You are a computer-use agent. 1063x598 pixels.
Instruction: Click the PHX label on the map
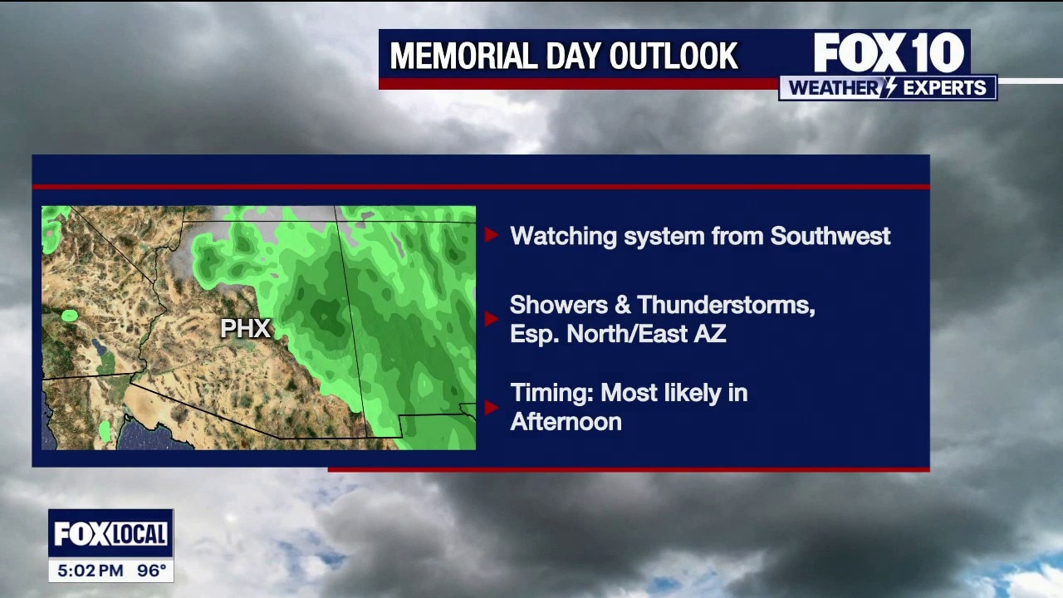click(245, 328)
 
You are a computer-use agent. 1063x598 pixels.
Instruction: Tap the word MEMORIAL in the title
click(463, 56)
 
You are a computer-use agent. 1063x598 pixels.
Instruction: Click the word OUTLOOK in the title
click(674, 56)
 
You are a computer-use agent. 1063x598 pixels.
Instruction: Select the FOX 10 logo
click(889, 52)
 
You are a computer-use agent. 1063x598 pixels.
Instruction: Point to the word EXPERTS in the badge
click(944, 88)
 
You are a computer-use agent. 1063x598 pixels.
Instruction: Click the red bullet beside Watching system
click(491, 235)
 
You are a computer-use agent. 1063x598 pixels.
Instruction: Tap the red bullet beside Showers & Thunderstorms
click(491, 319)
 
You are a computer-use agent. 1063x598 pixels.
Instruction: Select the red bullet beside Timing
click(491, 407)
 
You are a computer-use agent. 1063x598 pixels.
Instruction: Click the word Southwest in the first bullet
click(830, 236)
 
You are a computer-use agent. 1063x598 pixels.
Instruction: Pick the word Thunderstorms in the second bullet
click(726, 305)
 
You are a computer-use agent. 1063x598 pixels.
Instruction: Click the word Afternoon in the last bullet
click(566, 421)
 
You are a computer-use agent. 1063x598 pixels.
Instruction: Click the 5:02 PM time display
click(91, 571)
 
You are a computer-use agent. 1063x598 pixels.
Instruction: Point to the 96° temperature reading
click(152, 571)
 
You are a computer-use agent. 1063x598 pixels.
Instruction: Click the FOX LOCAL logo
click(111, 533)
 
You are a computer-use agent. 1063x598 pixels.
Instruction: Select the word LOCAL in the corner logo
click(139, 534)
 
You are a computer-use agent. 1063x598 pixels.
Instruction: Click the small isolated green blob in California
click(71, 315)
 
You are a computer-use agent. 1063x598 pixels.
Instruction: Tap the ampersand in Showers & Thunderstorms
click(622, 305)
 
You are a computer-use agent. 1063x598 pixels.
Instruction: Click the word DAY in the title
click(573, 56)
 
